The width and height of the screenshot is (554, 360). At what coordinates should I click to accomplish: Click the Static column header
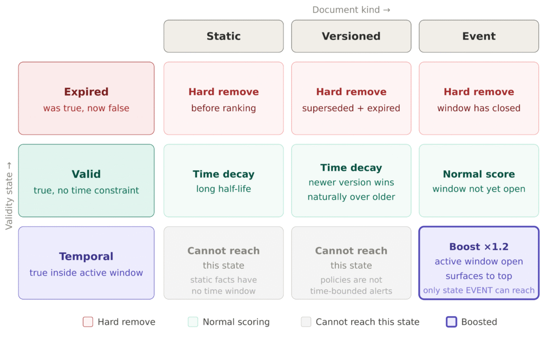(223, 36)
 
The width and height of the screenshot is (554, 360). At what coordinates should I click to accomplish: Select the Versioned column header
(351, 36)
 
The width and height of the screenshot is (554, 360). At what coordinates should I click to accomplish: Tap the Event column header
(479, 36)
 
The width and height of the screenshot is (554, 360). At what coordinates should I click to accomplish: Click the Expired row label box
(86, 98)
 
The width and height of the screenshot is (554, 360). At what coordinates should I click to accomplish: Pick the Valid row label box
(86, 181)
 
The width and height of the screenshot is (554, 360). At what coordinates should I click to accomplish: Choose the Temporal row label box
(86, 263)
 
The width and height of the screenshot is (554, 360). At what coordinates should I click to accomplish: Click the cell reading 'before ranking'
(223, 98)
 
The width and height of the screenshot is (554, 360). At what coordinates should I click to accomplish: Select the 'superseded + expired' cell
(351, 98)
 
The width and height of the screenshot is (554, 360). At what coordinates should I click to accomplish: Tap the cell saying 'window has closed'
(479, 98)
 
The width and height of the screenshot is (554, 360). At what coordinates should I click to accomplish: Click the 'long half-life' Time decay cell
(223, 181)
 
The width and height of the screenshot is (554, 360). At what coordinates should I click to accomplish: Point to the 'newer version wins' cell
(351, 181)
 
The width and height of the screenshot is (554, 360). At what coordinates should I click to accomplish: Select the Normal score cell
(479, 181)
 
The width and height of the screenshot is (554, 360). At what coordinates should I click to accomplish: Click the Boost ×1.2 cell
(479, 263)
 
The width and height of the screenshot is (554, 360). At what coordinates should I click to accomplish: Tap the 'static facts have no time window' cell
(223, 263)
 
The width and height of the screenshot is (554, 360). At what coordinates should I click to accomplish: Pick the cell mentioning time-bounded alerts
(351, 263)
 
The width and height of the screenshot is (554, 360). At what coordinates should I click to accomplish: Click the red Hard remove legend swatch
(88, 322)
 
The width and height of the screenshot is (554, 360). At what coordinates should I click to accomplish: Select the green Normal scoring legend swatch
(193, 322)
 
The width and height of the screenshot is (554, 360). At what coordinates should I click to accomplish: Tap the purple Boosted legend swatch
(452, 322)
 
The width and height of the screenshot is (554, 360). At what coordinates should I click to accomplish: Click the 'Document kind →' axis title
(351, 10)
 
